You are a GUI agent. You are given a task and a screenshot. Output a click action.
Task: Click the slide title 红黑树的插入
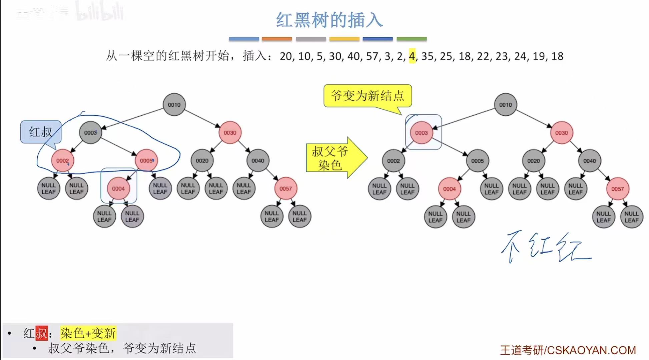tap(329, 20)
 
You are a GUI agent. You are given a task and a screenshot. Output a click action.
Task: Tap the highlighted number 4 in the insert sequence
tap(412, 56)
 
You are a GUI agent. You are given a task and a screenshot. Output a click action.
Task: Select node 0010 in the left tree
tap(174, 105)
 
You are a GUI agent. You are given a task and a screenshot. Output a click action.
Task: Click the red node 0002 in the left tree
tap(62, 161)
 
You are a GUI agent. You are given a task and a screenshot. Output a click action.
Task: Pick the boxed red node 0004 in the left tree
tap(118, 189)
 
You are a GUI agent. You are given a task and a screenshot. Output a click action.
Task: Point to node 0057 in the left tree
tap(285, 189)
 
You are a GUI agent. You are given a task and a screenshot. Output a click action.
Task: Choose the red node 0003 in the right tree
tap(421, 133)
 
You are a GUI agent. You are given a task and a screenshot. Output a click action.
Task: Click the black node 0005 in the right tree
tap(477, 161)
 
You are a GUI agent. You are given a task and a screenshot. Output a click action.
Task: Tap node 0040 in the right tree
tap(589, 161)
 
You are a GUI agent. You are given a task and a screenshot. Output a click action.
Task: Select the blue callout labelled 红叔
tap(41, 132)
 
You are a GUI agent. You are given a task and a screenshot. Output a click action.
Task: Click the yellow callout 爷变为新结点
tap(368, 96)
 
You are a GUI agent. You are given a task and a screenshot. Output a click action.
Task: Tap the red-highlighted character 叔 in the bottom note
tap(42, 333)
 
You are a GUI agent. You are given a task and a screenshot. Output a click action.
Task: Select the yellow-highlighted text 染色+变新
tap(88, 333)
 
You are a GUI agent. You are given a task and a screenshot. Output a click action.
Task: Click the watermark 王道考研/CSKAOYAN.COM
tap(568, 350)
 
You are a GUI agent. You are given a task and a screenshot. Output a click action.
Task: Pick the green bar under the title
tap(412, 39)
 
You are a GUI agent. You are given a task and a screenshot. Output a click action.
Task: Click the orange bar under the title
tap(277, 39)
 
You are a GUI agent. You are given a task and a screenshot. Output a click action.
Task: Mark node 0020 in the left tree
tap(202, 161)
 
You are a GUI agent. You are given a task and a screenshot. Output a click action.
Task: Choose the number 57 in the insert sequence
tap(372, 56)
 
